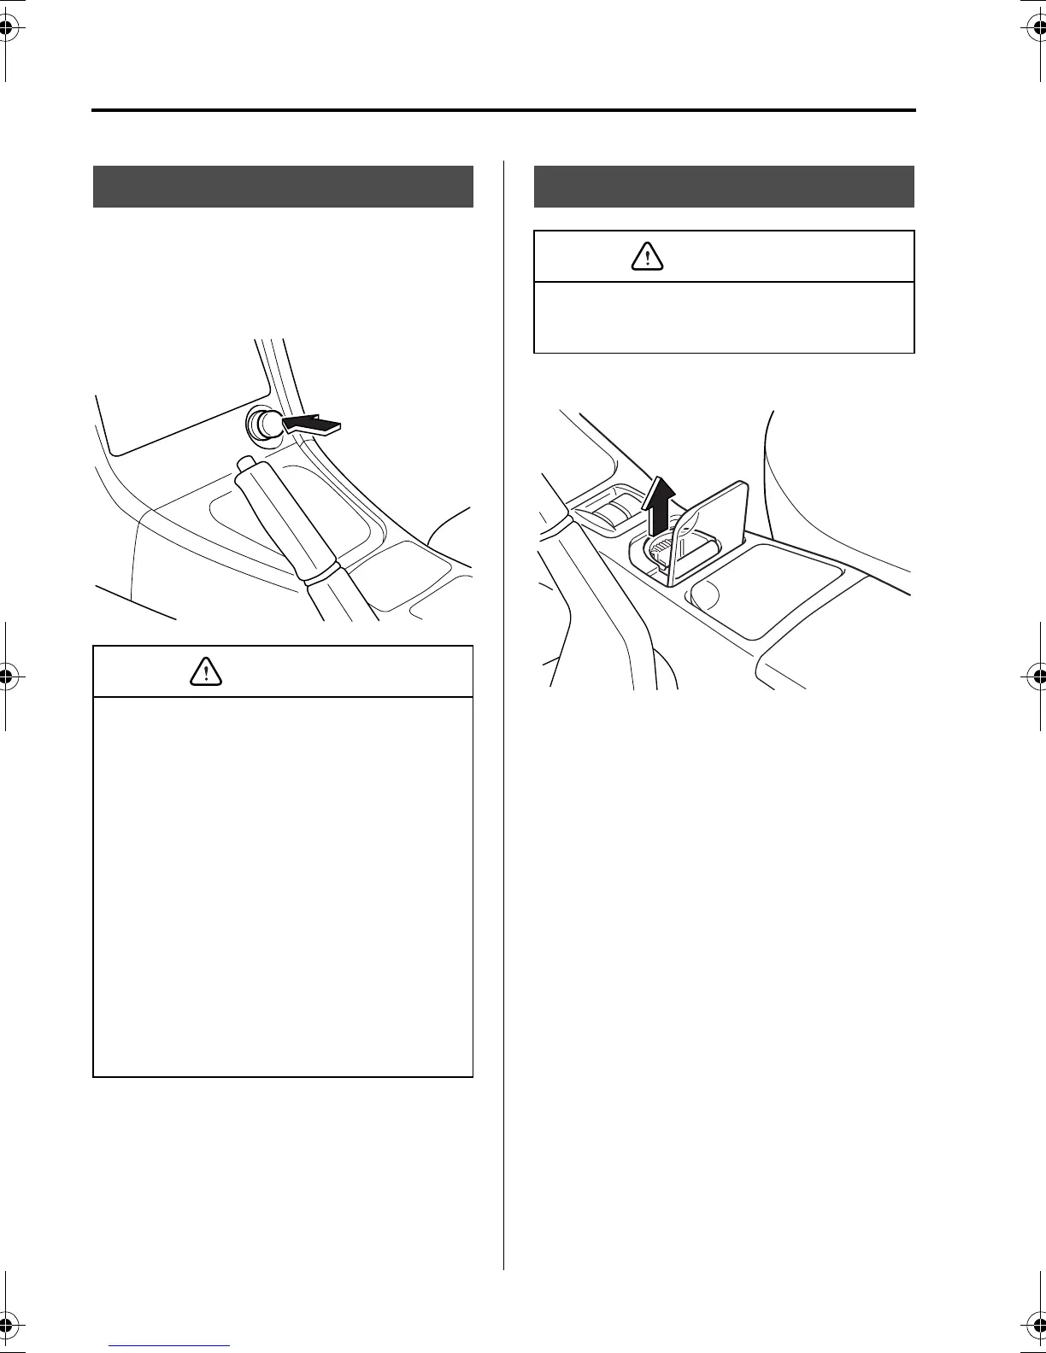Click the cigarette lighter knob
(x=261, y=424)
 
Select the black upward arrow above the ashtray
(x=658, y=503)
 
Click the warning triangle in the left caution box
(x=206, y=671)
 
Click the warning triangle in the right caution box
(x=647, y=256)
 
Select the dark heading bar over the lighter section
(x=283, y=186)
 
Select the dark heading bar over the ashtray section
(x=724, y=186)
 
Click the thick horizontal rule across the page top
(x=504, y=110)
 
